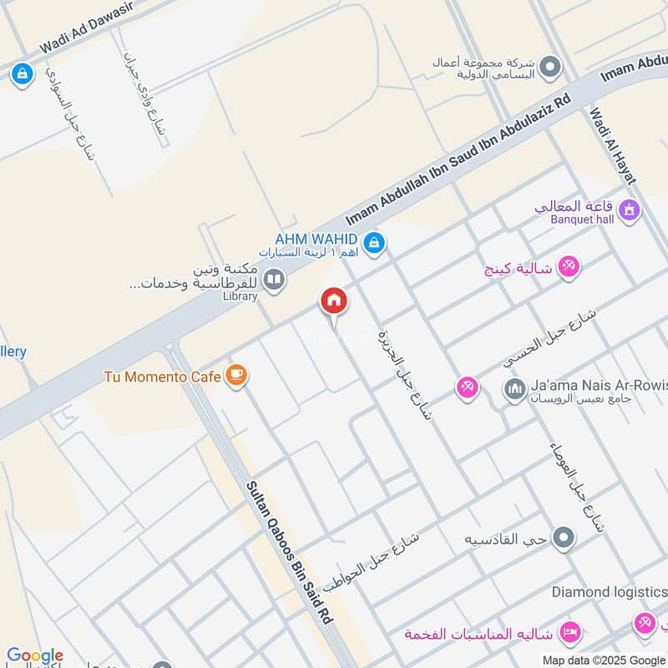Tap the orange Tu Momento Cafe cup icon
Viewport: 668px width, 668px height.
237,376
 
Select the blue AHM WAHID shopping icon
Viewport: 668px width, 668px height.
375,243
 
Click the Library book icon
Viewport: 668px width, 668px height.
273,278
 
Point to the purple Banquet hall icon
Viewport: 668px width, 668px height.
630,210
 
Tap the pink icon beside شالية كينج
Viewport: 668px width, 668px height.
570,266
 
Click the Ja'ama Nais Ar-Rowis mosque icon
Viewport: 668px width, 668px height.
513,388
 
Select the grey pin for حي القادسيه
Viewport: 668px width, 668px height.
564,539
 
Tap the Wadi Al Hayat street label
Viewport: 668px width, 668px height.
613,146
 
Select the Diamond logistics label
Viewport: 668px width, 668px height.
609,592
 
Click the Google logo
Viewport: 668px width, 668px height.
35,655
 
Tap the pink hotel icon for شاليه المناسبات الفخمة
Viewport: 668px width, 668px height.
570,630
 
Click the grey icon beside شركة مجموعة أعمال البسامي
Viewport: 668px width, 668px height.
549,67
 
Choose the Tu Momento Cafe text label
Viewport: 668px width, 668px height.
162,377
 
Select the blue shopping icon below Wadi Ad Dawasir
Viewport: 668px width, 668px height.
21,74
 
